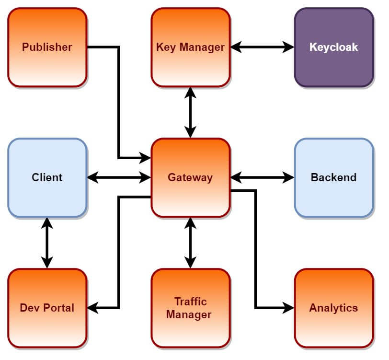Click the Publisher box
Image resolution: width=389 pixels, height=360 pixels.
(x=47, y=47)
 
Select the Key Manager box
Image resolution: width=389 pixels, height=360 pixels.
(x=190, y=47)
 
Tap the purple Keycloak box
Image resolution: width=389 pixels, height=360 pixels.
(x=333, y=47)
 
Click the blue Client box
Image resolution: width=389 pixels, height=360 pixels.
(x=47, y=177)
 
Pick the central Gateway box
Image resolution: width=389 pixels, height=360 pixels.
(x=190, y=177)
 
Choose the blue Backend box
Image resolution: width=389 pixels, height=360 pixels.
(x=333, y=177)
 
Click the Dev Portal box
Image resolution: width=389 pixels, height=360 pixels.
(x=47, y=308)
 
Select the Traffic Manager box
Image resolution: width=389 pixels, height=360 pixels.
(x=190, y=308)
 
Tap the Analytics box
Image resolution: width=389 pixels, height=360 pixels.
(x=333, y=308)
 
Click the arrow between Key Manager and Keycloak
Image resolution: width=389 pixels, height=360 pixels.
(x=262, y=47)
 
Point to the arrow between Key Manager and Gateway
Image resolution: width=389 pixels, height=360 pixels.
(x=190, y=113)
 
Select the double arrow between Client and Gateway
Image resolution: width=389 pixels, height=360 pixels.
(x=119, y=177)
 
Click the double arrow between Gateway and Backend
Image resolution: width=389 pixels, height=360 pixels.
(x=262, y=177)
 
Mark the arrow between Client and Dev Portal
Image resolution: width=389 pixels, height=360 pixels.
(x=47, y=243)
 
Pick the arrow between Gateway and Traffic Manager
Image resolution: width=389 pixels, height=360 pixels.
(x=190, y=243)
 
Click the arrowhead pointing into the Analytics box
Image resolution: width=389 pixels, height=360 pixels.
(x=288, y=308)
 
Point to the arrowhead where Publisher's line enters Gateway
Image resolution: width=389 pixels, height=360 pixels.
(x=145, y=157)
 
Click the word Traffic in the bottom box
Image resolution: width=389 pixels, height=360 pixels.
(x=190, y=302)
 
